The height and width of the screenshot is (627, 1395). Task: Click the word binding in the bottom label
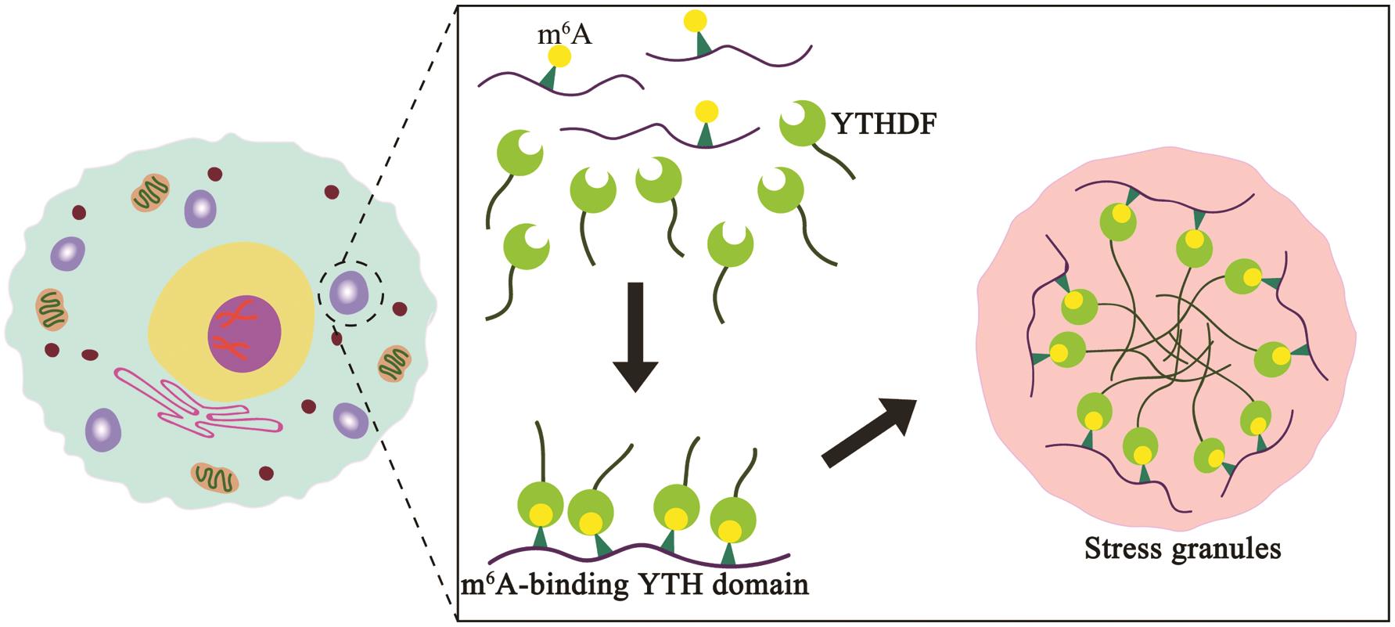pyautogui.click(x=571, y=585)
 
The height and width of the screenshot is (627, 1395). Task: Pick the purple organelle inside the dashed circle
pyautogui.click(x=349, y=292)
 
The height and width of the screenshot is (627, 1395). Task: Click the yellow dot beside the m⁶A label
pyautogui.click(x=559, y=56)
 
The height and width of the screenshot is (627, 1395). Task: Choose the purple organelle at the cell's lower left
pyautogui.click(x=103, y=427)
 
